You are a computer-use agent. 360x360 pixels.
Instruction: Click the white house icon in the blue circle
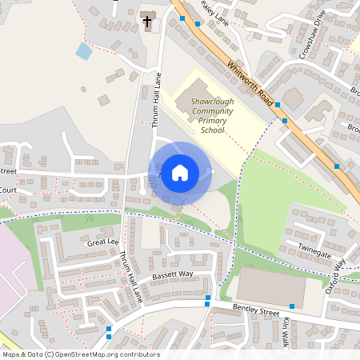coord(180,173)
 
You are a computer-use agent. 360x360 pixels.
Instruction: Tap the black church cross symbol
coord(147,22)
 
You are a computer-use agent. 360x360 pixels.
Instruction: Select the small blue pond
coord(84,51)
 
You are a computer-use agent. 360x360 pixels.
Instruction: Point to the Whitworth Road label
coord(250,82)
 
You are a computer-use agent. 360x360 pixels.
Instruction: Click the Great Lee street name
coord(103,241)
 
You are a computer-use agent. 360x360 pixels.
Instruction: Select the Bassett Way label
coord(173,274)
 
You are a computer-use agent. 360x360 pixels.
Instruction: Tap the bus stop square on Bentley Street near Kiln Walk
coord(291,306)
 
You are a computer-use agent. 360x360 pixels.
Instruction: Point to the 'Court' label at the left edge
coord(8,190)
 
